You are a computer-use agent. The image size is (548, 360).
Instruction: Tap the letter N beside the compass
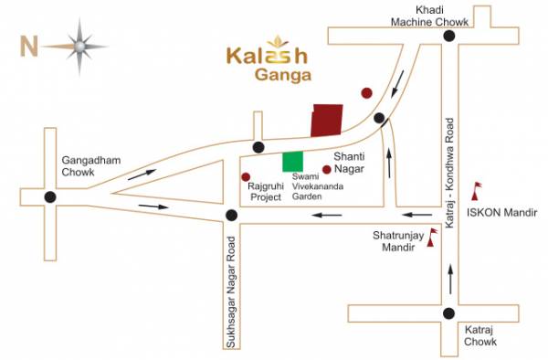[x=28, y=43]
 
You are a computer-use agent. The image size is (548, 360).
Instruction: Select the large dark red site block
[x=327, y=120]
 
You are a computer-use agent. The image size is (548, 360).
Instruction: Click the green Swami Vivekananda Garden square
[x=292, y=162]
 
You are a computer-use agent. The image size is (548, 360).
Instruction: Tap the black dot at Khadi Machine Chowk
[x=448, y=36]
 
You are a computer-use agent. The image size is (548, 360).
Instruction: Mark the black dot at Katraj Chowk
[x=448, y=313]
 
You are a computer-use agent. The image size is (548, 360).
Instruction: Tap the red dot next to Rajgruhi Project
[x=244, y=175]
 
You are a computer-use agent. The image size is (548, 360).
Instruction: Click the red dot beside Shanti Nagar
[x=326, y=169]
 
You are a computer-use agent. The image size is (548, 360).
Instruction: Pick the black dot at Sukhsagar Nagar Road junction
[x=232, y=216]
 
